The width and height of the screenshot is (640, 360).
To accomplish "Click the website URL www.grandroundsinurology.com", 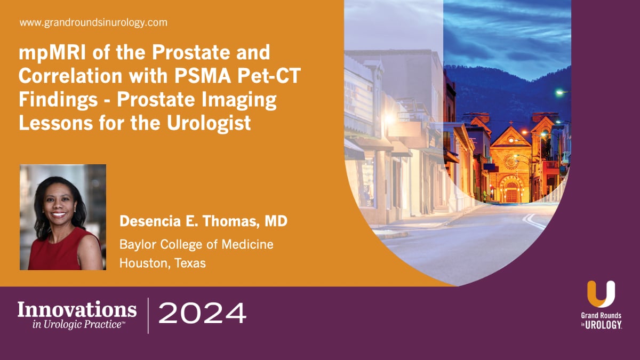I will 93,23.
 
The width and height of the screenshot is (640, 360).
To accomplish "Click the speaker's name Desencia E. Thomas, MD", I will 203,221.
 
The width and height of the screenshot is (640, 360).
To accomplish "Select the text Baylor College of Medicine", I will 196,245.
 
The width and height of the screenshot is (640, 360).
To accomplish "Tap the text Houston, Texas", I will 163,263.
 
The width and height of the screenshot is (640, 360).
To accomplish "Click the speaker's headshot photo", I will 63,217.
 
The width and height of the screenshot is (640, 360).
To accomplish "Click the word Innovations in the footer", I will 77,309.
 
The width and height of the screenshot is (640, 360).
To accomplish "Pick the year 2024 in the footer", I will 203,313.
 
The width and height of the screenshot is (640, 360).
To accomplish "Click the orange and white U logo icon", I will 601,294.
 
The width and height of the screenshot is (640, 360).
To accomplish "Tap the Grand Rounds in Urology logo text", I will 601,320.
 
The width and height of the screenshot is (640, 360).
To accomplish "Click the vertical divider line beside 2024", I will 148,315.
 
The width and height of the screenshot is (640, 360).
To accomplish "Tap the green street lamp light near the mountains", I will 559,92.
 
